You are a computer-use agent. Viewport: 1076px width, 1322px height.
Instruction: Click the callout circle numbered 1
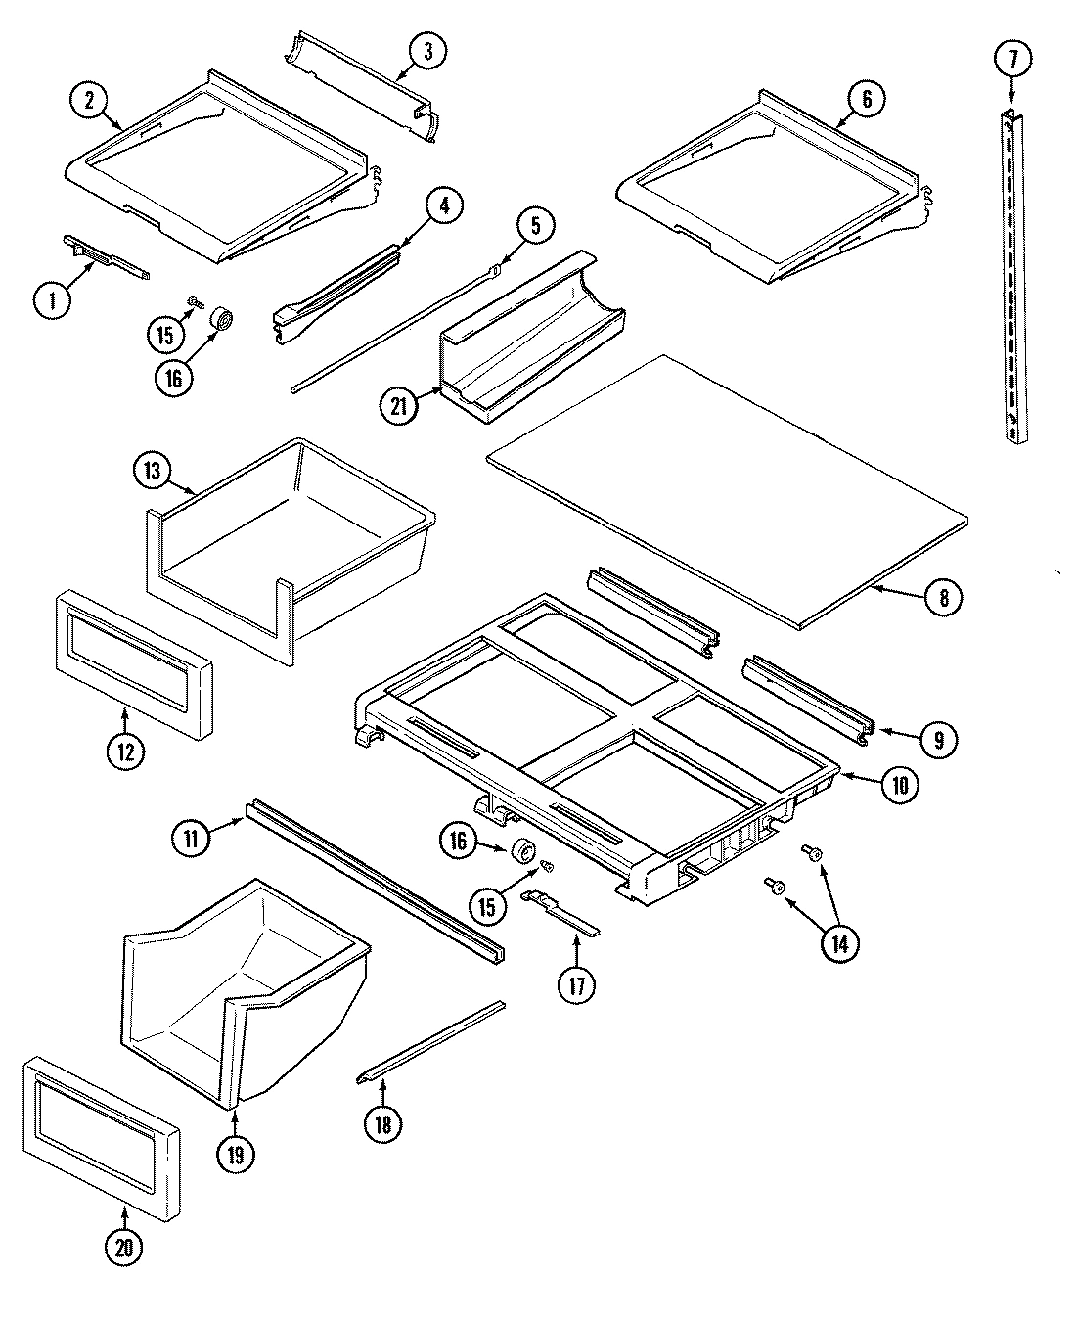coord(52,300)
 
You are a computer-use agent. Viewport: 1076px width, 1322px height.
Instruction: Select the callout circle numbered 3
coord(426,51)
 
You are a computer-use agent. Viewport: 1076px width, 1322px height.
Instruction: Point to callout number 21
coord(397,403)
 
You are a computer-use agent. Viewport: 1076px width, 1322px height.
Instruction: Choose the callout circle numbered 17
coord(577,984)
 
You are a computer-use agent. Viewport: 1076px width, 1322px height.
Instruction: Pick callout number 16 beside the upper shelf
coord(173,377)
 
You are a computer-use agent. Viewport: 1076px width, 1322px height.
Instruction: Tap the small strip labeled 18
coord(430,1039)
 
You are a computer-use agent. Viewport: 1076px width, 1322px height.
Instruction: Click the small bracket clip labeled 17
coord(562,907)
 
